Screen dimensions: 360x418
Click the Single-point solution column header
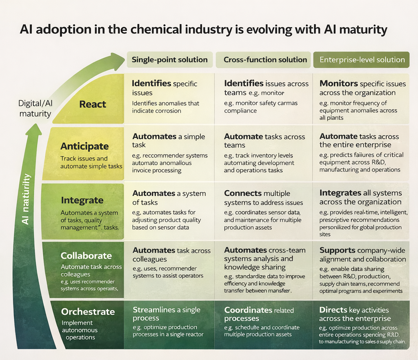pyautogui.click(x=169, y=60)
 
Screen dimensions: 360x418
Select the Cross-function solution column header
pyautogui.click(x=265, y=60)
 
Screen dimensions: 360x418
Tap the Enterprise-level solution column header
pyautogui.click(x=362, y=60)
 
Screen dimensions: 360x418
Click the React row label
pyautogui.click(x=93, y=104)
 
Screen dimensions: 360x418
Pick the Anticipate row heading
pyautogui.click(x=84, y=146)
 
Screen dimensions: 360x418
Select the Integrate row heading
pyautogui.click(x=82, y=200)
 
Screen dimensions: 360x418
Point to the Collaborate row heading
pyautogui.click(x=86, y=256)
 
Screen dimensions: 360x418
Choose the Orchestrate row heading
pyautogui.click(x=88, y=311)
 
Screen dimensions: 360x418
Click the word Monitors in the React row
pyautogui.click(x=338, y=83)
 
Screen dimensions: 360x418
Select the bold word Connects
pyautogui.click(x=243, y=193)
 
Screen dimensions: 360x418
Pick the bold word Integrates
pyautogui.click(x=340, y=193)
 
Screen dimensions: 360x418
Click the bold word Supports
pyautogui.click(x=337, y=250)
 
